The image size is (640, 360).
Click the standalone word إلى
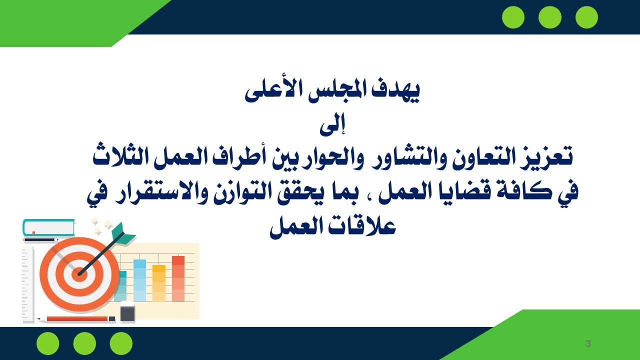coord(332,124)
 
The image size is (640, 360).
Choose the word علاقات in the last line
coord(361,226)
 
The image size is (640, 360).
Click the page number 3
coord(588,343)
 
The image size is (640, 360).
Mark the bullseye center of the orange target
coord(79,274)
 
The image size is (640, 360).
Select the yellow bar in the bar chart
coord(159,283)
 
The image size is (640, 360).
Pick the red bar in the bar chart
coord(178,279)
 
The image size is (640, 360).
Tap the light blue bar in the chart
coord(139,280)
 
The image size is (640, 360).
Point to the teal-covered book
coord(49,227)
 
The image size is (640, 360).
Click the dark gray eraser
coord(127,311)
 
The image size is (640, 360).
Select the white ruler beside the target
coord(28,285)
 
